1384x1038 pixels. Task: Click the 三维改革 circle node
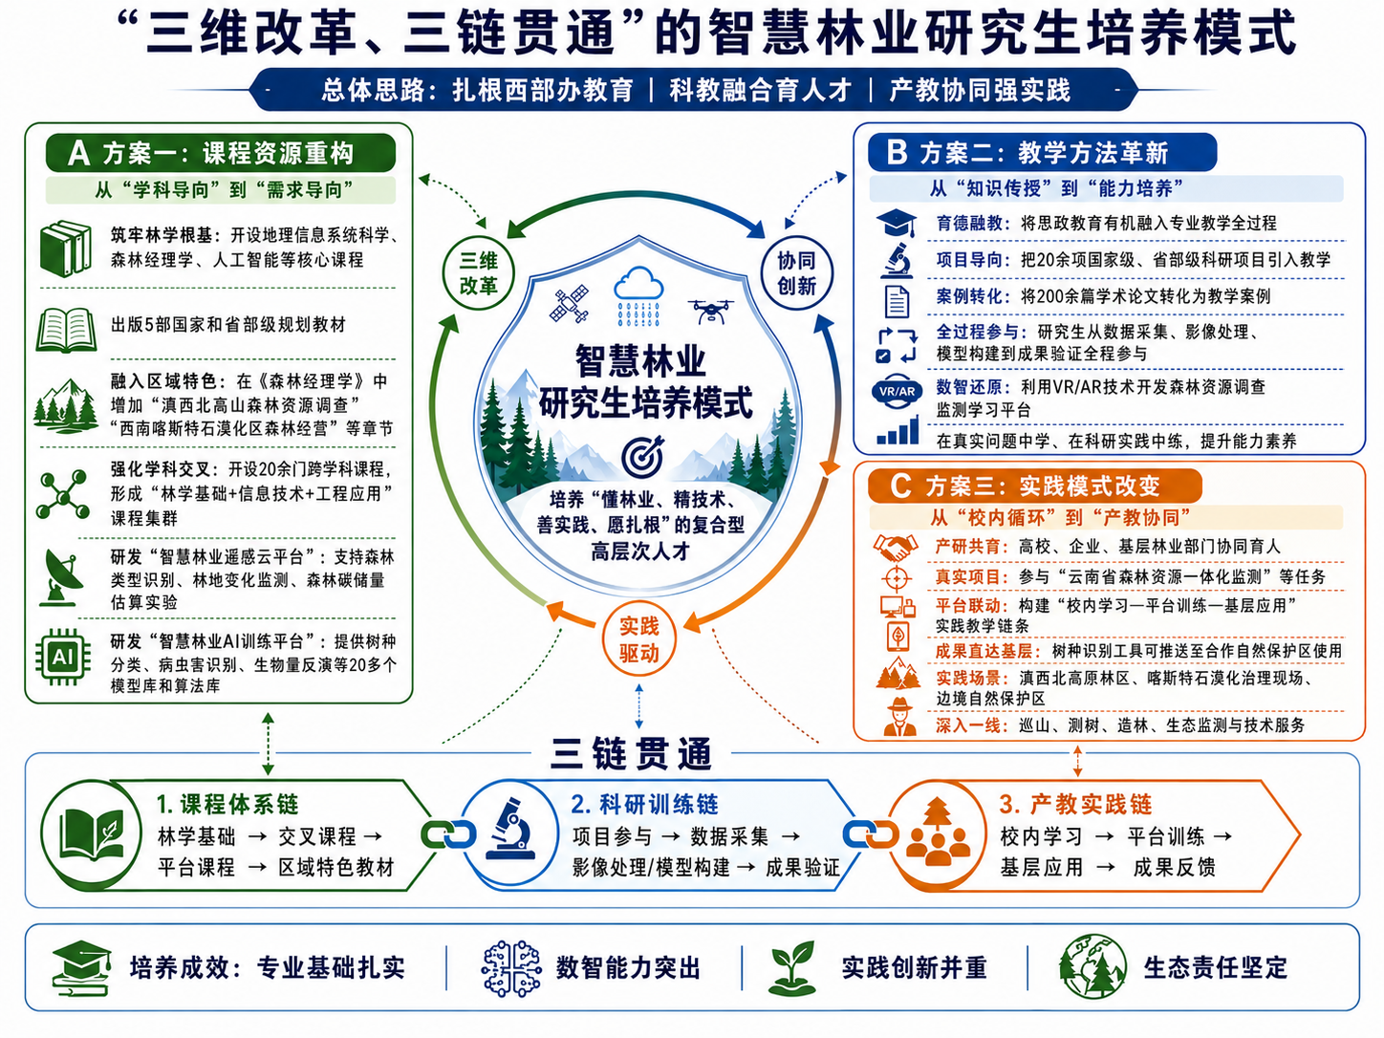pos(479,273)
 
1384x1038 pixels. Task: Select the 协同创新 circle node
pos(797,273)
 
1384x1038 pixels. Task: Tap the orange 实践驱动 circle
pos(639,639)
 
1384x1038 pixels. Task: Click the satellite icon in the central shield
pos(569,304)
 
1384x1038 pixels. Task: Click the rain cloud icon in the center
pos(638,295)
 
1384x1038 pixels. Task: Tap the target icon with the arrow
pos(642,456)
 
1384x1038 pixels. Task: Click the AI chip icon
pos(63,658)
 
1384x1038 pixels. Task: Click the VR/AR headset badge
pos(897,392)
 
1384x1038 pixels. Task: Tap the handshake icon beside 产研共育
pos(896,547)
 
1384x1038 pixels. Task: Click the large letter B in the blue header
pos(897,152)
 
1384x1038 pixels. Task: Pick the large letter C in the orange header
pos(900,486)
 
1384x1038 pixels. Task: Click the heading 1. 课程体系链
pos(227,804)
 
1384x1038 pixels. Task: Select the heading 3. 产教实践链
pos(1075,804)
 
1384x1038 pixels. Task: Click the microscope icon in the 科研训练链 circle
pos(509,829)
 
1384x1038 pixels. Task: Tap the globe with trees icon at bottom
pos(1092,966)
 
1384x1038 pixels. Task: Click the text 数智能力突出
pos(628,968)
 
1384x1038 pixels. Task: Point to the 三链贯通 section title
pos(631,753)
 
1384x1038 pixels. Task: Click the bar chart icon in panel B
pos(897,430)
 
